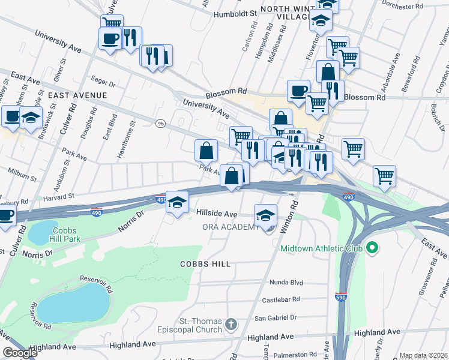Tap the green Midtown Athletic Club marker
tap(372, 247)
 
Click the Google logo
tap(20, 353)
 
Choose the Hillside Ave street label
tap(217, 213)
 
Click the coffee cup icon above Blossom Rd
tap(298, 91)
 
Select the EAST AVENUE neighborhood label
tap(77, 95)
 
